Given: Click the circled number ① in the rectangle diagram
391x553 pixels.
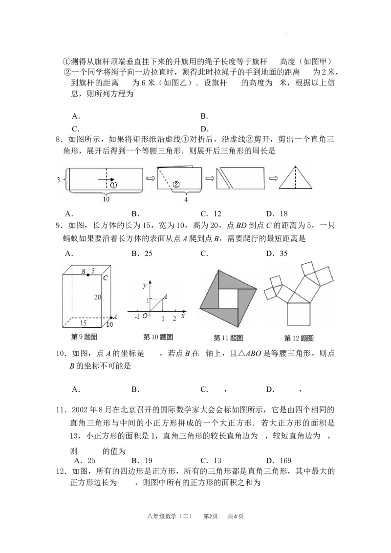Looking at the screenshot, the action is point(113,185).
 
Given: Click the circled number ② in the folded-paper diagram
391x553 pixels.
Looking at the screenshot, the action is point(176,184).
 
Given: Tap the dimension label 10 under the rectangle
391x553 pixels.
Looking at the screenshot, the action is point(106,199).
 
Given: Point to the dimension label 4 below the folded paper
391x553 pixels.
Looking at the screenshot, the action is point(186,200).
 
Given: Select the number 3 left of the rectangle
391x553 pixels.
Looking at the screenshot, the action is point(58,180).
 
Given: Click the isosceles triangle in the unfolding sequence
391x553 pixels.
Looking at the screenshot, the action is point(295,178).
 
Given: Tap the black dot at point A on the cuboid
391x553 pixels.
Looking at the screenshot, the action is point(111,318).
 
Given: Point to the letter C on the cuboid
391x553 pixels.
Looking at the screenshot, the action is point(106,278).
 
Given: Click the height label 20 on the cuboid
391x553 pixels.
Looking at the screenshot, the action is point(97,297).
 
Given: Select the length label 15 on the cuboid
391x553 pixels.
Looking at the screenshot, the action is point(83,323).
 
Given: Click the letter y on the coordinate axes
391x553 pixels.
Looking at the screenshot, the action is point(144,285).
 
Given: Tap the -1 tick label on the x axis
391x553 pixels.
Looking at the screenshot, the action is point(137,317).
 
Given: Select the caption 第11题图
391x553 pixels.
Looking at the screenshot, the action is point(228,338).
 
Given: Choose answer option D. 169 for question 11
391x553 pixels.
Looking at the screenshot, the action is point(279,460).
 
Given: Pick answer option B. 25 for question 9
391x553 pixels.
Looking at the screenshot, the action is point(142,253).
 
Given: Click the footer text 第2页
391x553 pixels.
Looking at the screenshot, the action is point(211,516).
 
